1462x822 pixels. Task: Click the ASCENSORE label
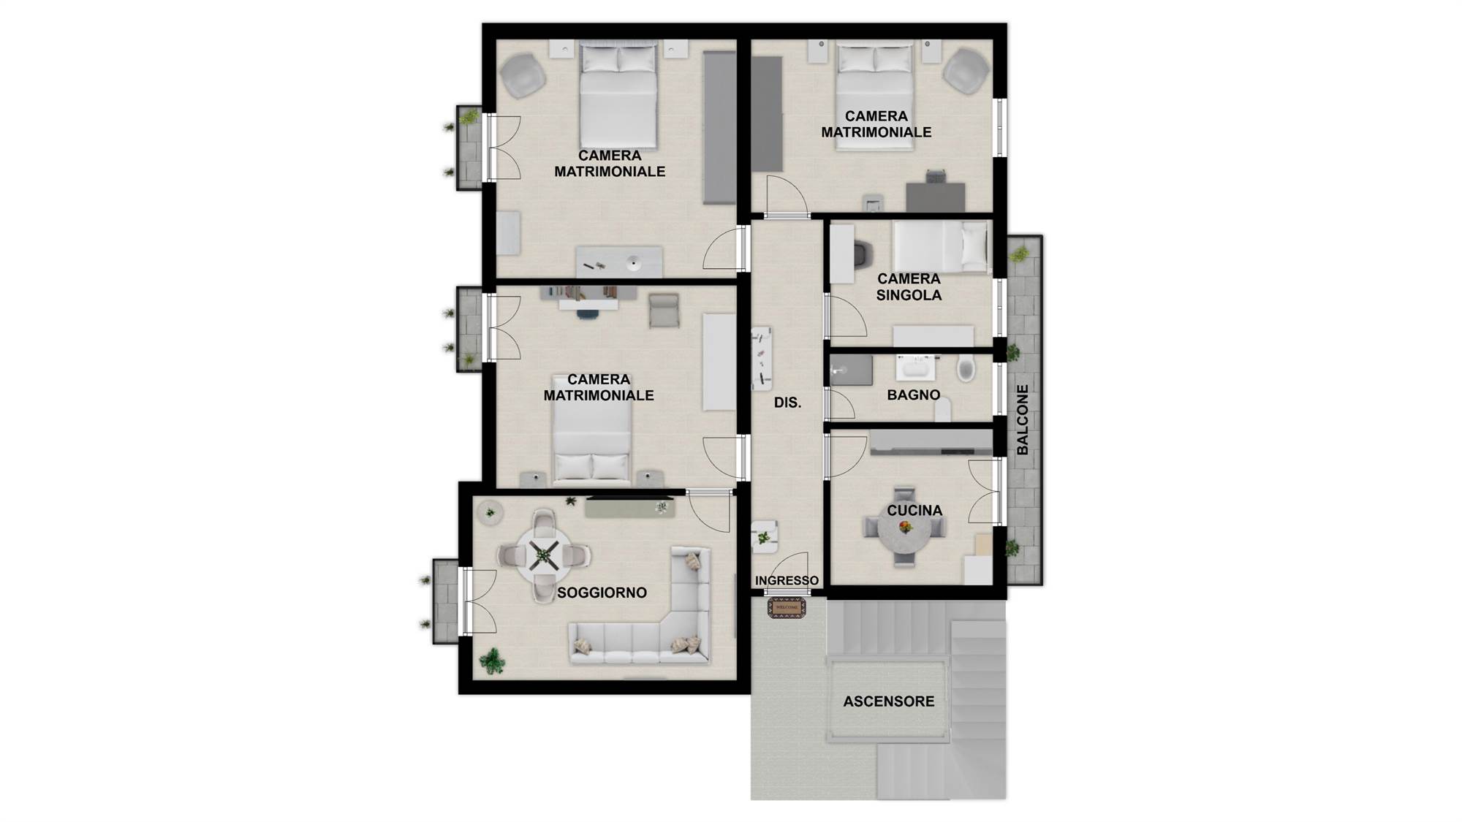[888, 701]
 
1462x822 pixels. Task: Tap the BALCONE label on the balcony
[1022, 419]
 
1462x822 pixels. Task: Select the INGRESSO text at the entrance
[787, 580]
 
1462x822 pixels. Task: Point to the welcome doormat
[787, 607]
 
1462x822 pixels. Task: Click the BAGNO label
[913, 395]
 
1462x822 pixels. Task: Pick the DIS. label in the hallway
[787, 402]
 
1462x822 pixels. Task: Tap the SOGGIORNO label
[602, 593]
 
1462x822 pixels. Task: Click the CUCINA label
[914, 511]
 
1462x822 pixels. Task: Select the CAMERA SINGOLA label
[909, 286]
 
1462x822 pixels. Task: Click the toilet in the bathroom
[966, 368]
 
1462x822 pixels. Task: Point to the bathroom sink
[915, 368]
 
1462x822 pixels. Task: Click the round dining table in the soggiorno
[544, 555]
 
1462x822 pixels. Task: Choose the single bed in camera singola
[940, 246]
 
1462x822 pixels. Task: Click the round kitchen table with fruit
[905, 528]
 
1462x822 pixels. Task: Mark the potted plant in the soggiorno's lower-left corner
[492, 661]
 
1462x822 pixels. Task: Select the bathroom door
[839, 405]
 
